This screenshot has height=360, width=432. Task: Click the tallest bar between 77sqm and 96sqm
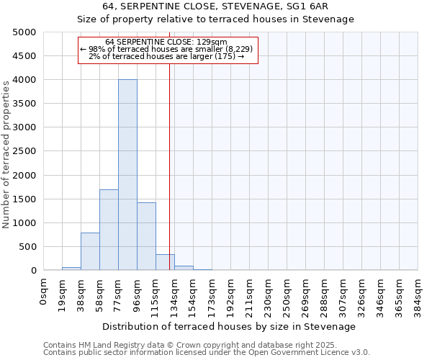(127, 175)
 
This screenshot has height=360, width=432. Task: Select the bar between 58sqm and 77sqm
(109, 230)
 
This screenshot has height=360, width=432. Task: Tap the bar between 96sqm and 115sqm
(146, 236)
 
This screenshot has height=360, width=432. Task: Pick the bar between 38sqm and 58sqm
(90, 251)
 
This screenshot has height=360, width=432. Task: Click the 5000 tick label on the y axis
(24, 32)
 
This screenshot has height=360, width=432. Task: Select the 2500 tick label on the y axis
(24, 151)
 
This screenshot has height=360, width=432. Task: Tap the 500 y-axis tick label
(27, 247)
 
